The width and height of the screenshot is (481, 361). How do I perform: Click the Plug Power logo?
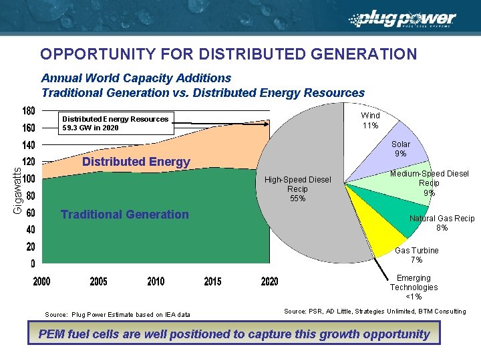click(405, 20)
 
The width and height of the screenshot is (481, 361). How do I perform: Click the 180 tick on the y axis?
click(29, 110)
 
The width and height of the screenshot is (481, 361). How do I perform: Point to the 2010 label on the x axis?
click(156, 281)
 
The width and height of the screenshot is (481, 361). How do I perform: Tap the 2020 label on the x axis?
click(269, 281)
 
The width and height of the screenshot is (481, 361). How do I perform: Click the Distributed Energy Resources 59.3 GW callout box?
click(115, 123)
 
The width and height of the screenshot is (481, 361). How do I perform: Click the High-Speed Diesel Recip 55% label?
click(297, 189)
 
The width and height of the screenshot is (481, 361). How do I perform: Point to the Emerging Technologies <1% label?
click(414, 287)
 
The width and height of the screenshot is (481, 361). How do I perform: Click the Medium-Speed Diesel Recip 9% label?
click(429, 184)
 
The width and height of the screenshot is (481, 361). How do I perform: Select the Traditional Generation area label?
click(124, 215)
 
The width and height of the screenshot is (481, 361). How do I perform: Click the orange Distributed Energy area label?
click(136, 162)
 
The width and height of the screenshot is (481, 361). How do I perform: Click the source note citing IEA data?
click(117, 314)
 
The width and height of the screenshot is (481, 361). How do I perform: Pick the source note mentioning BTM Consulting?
click(375, 312)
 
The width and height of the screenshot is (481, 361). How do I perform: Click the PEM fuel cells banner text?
click(234, 334)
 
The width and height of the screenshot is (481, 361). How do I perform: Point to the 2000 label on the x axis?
click(41, 281)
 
